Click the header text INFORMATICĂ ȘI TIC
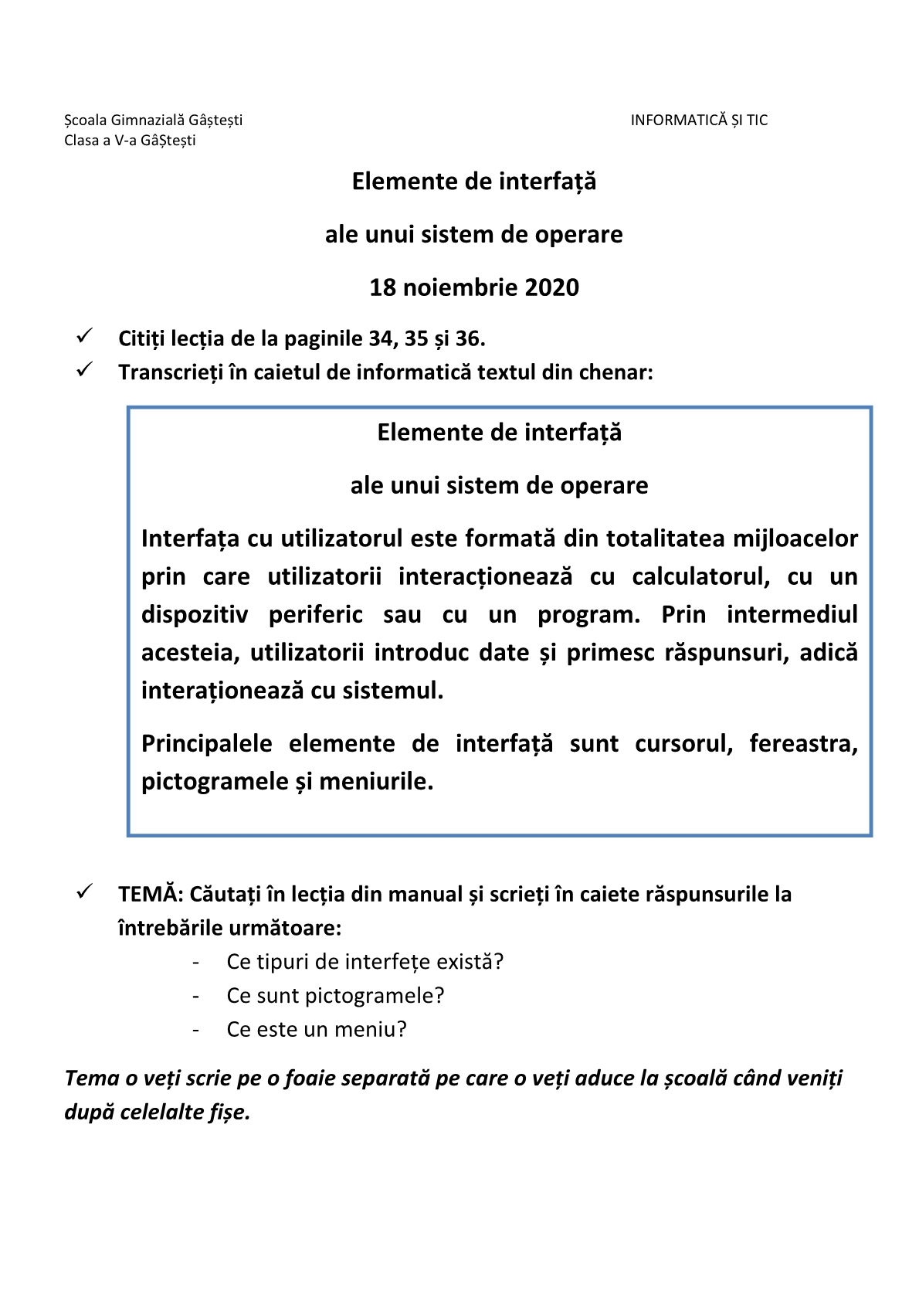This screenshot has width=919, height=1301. pyautogui.click(x=699, y=120)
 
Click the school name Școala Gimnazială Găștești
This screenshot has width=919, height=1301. pyautogui.click(x=153, y=120)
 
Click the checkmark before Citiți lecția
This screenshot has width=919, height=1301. pyautogui.click(x=85, y=336)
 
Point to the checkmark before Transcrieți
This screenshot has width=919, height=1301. pyautogui.click(x=85, y=370)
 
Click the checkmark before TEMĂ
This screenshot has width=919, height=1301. pyautogui.click(x=85, y=892)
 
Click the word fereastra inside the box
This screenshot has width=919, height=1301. pyautogui.click(x=803, y=744)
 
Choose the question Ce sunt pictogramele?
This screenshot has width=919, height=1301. pyautogui.click(x=335, y=996)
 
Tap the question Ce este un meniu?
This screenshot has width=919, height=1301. pyautogui.click(x=316, y=1030)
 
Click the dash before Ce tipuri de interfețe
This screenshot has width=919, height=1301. pyautogui.click(x=197, y=963)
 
